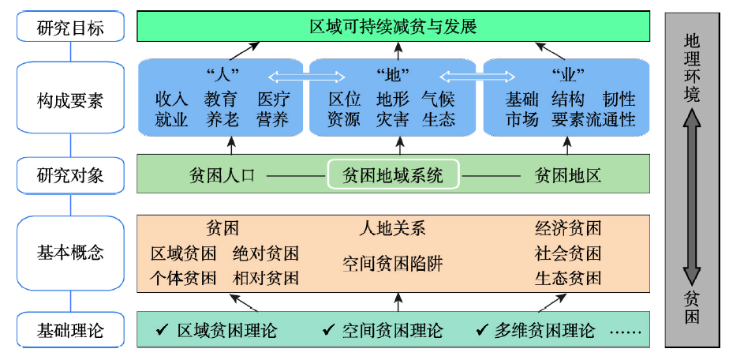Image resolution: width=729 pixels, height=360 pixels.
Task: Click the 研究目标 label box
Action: (70, 28)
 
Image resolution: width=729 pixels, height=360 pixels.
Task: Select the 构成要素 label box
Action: (70, 101)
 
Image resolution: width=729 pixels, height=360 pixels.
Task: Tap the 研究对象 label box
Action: (70, 174)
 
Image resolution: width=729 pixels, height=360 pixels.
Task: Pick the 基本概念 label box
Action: (70, 253)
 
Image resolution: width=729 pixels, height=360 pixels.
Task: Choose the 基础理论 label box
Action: (70, 329)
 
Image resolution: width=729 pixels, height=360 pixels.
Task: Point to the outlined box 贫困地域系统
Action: (393, 174)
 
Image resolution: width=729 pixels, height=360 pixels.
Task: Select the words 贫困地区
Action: (568, 174)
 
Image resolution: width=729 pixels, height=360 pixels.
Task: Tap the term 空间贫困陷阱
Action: (392, 263)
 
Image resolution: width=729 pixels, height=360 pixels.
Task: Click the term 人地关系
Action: (392, 229)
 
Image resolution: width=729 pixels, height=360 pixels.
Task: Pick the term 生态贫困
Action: (568, 278)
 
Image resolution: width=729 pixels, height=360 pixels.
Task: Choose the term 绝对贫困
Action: (266, 254)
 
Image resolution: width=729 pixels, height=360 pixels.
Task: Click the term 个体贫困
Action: (184, 278)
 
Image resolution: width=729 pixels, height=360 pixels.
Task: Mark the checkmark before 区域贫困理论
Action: (163, 330)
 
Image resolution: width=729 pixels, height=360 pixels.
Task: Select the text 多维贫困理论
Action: (544, 330)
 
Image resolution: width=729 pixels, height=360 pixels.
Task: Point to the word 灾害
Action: (392, 120)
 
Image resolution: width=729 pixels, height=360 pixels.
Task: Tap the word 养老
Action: (222, 120)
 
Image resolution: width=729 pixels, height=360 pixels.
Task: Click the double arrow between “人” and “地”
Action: (308, 77)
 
